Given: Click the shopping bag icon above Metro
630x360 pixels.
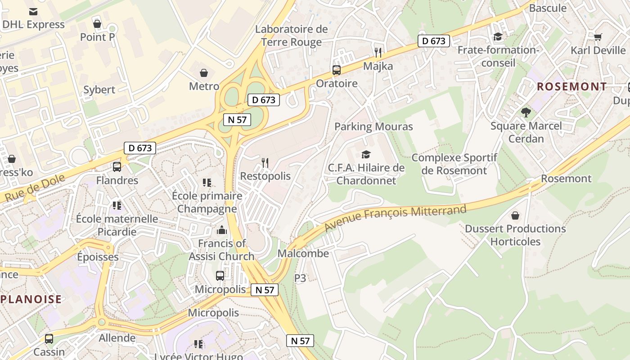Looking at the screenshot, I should [x=204, y=72].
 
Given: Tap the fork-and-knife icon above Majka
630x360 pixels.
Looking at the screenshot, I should [x=378, y=53].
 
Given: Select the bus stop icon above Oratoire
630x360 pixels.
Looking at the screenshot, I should [x=337, y=70].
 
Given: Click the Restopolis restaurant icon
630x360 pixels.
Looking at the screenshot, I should [x=265, y=162].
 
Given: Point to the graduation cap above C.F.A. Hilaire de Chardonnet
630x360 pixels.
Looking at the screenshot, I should [x=366, y=154].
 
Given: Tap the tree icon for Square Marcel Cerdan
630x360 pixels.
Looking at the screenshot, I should [x=526, y=112].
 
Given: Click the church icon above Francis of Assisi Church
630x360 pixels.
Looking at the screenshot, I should [x=221, y=230].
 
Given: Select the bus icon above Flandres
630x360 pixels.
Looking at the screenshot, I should [x=117, y=167].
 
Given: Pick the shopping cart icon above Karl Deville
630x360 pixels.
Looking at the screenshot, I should [x=598, y=37].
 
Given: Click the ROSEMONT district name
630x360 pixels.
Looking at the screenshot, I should [x=572, y=86].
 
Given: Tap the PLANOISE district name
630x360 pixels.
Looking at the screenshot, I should [x=31, y=299].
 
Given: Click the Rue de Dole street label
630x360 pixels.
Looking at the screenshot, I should [x=35, y=188].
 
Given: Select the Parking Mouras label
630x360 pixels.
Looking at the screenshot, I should [x=373, y=126].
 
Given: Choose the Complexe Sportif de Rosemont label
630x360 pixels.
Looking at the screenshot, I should [x=454, y=164].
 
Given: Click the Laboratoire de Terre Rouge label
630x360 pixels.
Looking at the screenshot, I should [x=292, y=36].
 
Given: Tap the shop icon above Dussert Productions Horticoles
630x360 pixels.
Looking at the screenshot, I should [x=515, y=216].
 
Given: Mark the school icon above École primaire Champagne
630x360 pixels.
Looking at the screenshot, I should [x=207, y=182].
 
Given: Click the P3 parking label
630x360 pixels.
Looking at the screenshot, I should [x=300, y=278].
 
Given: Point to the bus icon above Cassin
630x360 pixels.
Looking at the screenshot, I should [x=49, y=338].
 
